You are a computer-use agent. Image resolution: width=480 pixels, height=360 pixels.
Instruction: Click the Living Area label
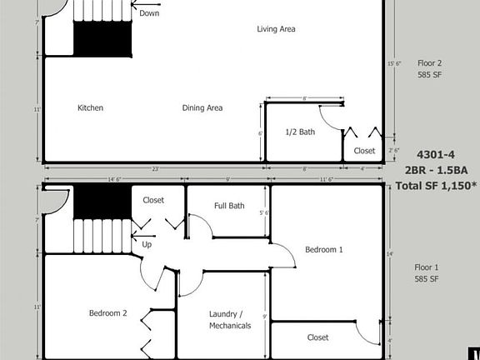276,29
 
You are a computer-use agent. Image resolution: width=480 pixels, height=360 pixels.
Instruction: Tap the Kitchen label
90,107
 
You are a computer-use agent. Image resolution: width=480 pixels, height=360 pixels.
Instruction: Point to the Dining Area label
202,107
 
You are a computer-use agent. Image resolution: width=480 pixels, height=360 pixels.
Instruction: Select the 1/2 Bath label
300,132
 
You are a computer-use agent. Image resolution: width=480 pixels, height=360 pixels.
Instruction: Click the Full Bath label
229,205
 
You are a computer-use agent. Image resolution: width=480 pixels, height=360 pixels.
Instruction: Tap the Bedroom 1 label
323,249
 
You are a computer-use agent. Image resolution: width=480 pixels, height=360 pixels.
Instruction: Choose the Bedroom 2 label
108,313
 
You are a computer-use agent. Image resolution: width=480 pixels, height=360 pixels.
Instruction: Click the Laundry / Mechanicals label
230,320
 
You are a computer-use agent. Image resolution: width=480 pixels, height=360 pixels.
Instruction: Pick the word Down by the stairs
149,13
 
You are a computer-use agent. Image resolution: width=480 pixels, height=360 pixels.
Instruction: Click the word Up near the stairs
147,245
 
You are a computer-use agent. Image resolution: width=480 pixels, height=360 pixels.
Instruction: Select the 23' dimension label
156,169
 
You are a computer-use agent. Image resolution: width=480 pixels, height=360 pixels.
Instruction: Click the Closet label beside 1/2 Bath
364,151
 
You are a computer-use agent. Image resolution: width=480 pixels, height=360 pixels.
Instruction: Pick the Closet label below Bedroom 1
317,337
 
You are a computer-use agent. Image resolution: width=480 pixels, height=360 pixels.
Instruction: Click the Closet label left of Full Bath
153,200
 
